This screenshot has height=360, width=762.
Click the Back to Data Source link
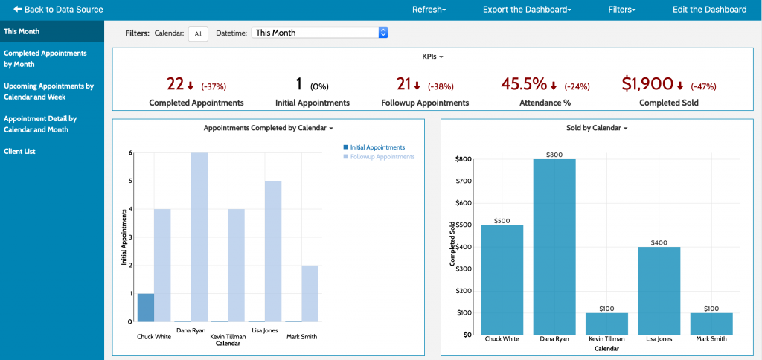click(x=58, y=10)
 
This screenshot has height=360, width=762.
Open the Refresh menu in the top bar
click(x=429, y=10)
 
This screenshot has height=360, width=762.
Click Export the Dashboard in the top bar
click(x=527, y=10)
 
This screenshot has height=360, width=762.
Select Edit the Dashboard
click(x=709, y=10)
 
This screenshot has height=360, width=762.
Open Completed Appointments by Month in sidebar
click(x=45, y=59)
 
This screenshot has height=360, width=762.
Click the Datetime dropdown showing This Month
click(x=320, y=33)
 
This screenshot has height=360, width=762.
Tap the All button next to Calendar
click(x=198, y=33)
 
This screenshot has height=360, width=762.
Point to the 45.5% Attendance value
click(x=524, y=84)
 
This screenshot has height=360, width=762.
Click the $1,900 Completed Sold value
click(x=647, y=84)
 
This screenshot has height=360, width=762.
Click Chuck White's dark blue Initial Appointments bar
click(x=146, y=307)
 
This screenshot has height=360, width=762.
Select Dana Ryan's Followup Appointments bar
click(x=199, y=237)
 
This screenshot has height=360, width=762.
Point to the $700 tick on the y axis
click(x=464, y=181)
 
